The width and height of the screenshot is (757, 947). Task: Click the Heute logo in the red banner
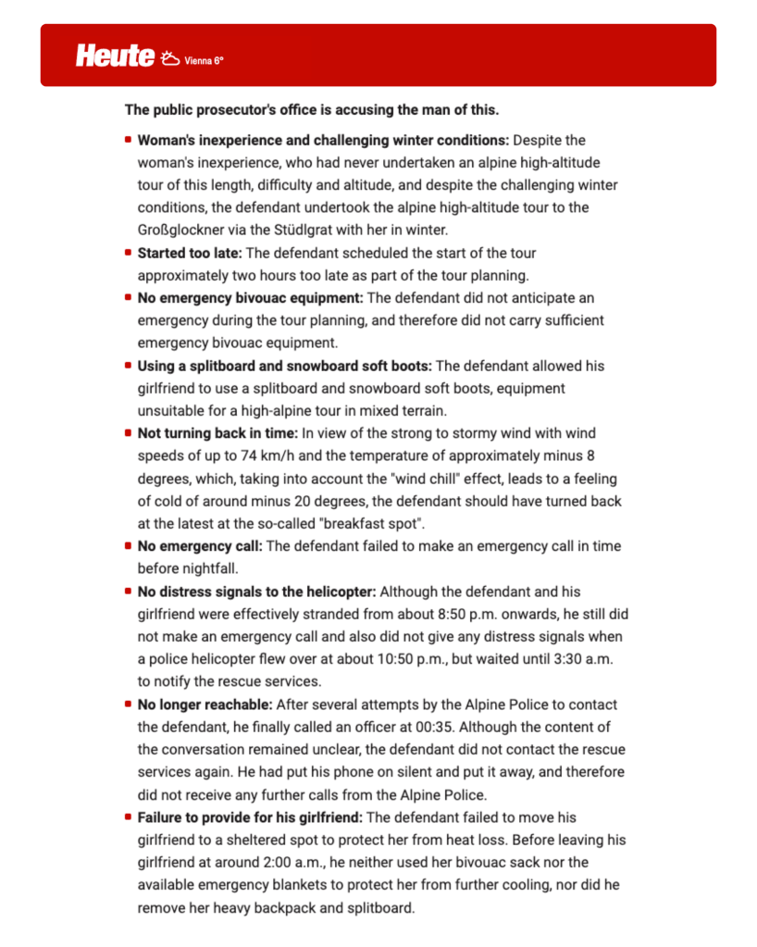[x=115, y=56]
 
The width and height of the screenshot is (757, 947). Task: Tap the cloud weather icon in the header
[x=170, y=58]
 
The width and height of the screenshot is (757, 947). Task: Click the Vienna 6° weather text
[x=205, y=61]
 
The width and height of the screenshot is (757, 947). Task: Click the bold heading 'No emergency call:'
[x=200, y=546]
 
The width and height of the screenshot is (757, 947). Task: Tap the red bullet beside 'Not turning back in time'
[x=128, y=432]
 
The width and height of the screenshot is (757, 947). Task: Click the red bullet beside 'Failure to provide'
[x=128, y=817]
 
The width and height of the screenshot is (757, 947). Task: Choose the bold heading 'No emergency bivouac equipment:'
[x=251, y=298]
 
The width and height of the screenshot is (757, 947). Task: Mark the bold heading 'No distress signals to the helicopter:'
[x=257, y=592]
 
